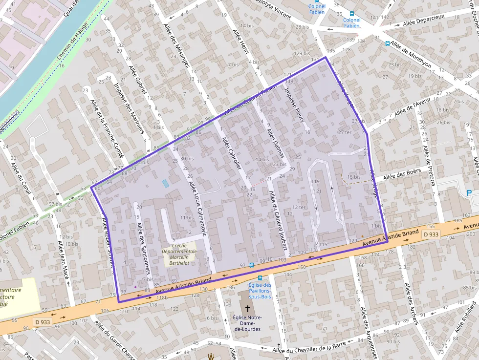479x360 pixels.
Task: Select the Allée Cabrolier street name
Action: click(x=232, y=153)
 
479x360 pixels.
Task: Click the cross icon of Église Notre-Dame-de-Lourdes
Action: click(x=248, y=308)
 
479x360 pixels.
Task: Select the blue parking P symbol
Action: click(x=470, y=192)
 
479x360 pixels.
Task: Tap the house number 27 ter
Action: click(x=345, y=132)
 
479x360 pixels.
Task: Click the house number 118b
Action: click(x=162, y=297)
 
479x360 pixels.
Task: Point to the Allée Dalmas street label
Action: click(x=275, y=143)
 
